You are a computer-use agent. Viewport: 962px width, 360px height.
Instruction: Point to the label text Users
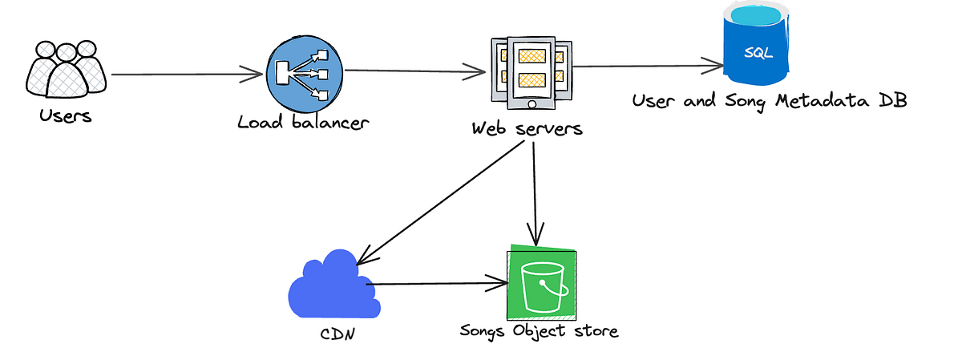pyautogui.click(x=66, y=116)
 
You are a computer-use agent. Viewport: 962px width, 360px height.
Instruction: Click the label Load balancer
pyautogui.click(x=303, y=123)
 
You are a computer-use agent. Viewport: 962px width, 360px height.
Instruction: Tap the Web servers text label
pyautogui.click(x=527, y=128)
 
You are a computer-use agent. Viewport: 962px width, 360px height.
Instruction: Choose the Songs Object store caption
pyautogui.click(x=540, y=330)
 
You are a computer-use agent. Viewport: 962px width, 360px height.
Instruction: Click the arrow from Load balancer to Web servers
pyautogui.click(x=415, y=71)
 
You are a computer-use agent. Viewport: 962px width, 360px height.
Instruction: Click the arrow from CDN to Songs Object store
pyautogui.click(x=437, y=283)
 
